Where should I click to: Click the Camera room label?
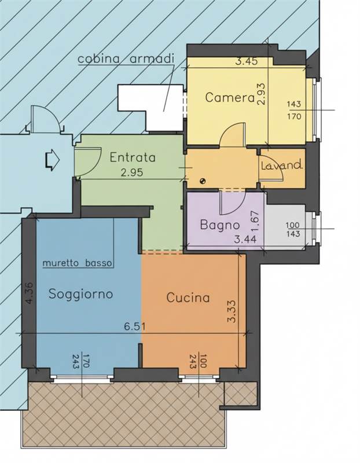230,97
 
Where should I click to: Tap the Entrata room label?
133,157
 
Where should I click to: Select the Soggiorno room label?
80,294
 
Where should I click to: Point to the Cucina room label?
188,297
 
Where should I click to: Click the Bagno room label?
220,225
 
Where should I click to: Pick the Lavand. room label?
282,165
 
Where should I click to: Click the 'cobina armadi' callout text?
126,59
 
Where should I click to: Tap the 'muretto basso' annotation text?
78,263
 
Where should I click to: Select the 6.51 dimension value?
134,327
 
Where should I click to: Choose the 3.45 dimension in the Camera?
247,61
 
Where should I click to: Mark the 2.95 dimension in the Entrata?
132,172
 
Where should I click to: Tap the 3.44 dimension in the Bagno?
245,239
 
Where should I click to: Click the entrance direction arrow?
53,160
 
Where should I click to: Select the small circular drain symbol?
203,182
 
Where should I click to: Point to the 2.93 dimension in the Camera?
262,94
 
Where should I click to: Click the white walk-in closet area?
150,107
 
